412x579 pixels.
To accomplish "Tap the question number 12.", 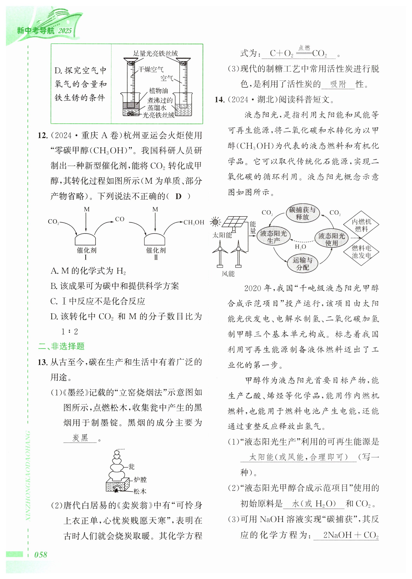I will coord(42,135).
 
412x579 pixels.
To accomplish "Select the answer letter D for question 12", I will coord(178,196).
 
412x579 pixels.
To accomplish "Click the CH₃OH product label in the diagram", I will coord(194,223).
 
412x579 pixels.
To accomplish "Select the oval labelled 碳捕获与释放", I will coord(302,213).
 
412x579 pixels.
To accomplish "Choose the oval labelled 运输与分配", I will coord(302,263).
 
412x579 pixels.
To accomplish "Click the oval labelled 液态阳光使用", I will coord(331,239).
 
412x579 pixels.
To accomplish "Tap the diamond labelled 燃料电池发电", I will coord(361,252).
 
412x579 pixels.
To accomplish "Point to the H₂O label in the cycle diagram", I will coord(300,247).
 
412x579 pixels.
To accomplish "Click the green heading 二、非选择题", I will coord(61,346).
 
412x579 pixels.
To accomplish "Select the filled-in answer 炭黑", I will coord(80,438).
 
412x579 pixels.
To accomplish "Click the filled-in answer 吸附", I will coord(338,84).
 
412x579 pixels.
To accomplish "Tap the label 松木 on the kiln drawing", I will coord(140,491).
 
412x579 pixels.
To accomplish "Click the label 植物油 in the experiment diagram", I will coord(158,90).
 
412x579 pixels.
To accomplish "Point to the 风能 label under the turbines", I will coord(228,274).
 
